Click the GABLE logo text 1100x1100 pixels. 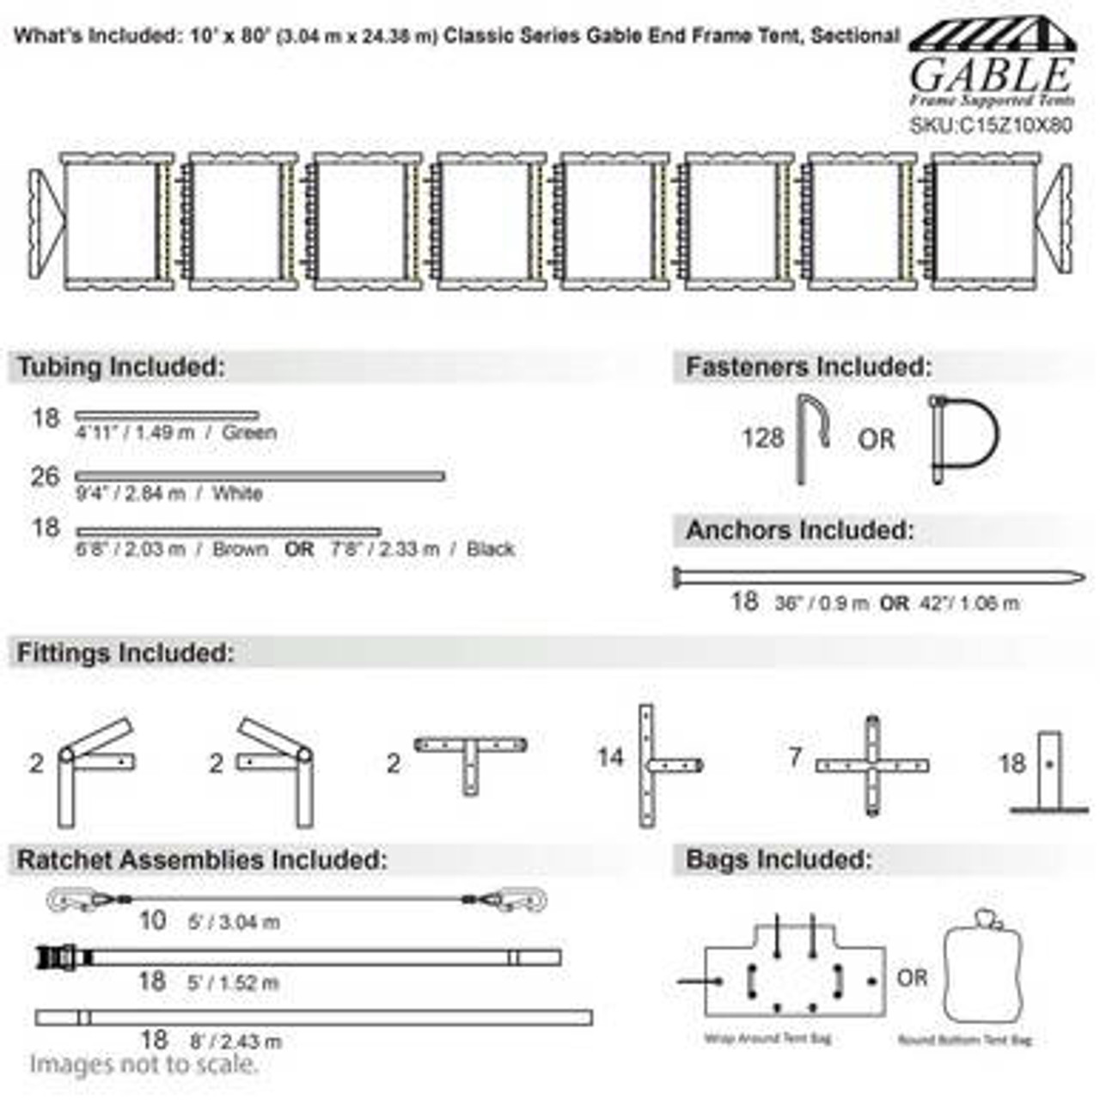tap(991, 76)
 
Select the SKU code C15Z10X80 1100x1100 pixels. tap(991, 125)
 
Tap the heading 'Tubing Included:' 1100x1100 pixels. tap(121, 367)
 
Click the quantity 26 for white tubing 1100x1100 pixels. tap(45, 477)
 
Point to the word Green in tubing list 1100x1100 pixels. tap(249, 432)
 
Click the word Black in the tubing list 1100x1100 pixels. tap(491, 549)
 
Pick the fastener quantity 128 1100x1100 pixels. tap(763, 438)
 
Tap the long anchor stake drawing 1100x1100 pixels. tap(877, 577)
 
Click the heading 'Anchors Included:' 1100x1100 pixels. tap(799, 531)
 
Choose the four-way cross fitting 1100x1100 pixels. tap(872, 765)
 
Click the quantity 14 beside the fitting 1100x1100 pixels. tap(610, 757)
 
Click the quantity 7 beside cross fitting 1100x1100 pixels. tap(795, 757)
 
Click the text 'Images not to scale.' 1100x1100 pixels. tap(144, 1065)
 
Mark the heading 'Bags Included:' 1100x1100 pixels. tap(779, 859)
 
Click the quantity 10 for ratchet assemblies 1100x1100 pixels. tap(152, 920)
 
